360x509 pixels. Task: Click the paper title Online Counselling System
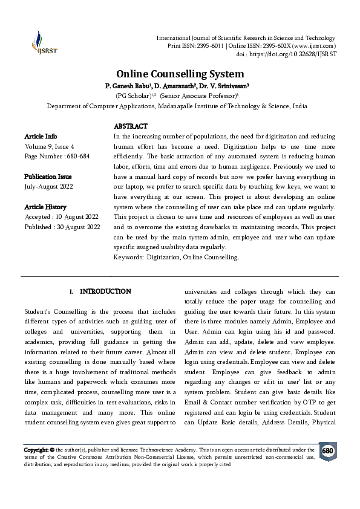click(180, 74)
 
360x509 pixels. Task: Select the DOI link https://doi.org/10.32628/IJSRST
click(296, 54)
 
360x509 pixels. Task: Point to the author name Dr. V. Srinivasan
click(217, 86)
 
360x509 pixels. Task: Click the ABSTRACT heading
click(130, 126)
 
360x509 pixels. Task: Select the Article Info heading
click(41, 137)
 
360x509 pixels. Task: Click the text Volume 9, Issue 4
click(49, 146)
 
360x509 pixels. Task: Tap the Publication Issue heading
click(48, 177)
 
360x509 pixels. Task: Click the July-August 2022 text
click(48, 187)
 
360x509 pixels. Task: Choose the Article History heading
click(45, 207)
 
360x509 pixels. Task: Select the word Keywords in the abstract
click(127, 257)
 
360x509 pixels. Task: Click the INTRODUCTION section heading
click(105, 291)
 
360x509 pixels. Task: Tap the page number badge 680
click(327, 451)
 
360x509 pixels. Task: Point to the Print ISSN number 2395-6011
click(213, 46)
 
